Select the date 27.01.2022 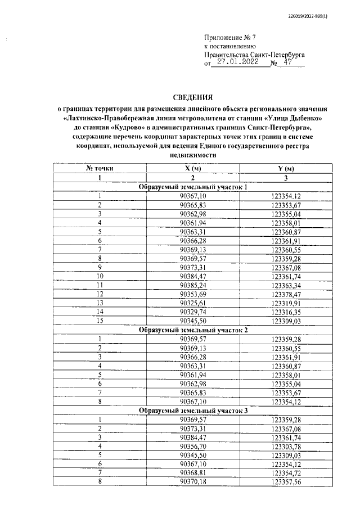237,63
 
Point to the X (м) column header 193,169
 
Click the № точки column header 100,169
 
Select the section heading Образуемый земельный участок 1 193,187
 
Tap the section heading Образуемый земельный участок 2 193,330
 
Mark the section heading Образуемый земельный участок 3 193,411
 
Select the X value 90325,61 193,303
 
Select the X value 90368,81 193,474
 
